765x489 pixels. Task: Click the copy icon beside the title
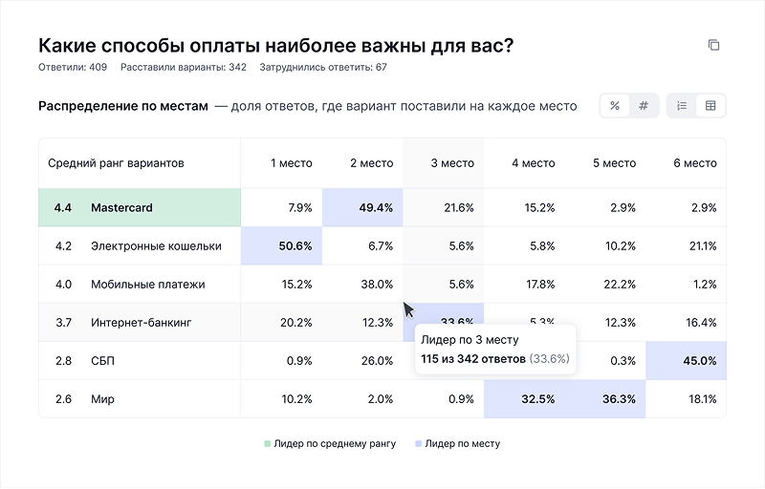pos(713,45)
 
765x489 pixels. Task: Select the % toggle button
pos(614,106)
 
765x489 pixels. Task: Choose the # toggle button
pos(644,106)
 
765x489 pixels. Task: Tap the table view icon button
pos(710,106)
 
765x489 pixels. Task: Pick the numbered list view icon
pos(682,106)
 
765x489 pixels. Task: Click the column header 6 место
pos(695,163)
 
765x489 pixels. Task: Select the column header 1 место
pos(292,163)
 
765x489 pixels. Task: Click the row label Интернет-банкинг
pos(142,323)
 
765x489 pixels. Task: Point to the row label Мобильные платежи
pos(147,285)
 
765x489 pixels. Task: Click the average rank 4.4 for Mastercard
pos(63,207)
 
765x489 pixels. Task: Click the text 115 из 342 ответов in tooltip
pos(473,359)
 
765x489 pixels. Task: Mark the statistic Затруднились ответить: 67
pos(323,68)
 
